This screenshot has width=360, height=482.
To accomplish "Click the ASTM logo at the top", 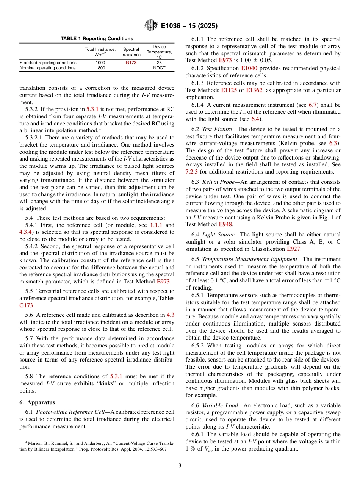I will pos(150,26).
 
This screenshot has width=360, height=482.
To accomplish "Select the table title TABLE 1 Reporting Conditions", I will pos(97,39).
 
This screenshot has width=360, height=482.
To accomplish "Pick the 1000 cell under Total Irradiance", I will pos(100,63).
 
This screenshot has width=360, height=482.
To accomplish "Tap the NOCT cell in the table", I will pos(159,68).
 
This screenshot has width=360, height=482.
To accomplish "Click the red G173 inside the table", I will pos(131,63).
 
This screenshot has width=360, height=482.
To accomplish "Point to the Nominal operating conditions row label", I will pos(47,68).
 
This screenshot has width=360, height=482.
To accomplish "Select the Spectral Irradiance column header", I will pos(131,52).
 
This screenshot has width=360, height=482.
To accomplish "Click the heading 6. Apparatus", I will pos(37,402).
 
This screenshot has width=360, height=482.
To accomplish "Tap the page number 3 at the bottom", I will pos(180,465).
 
